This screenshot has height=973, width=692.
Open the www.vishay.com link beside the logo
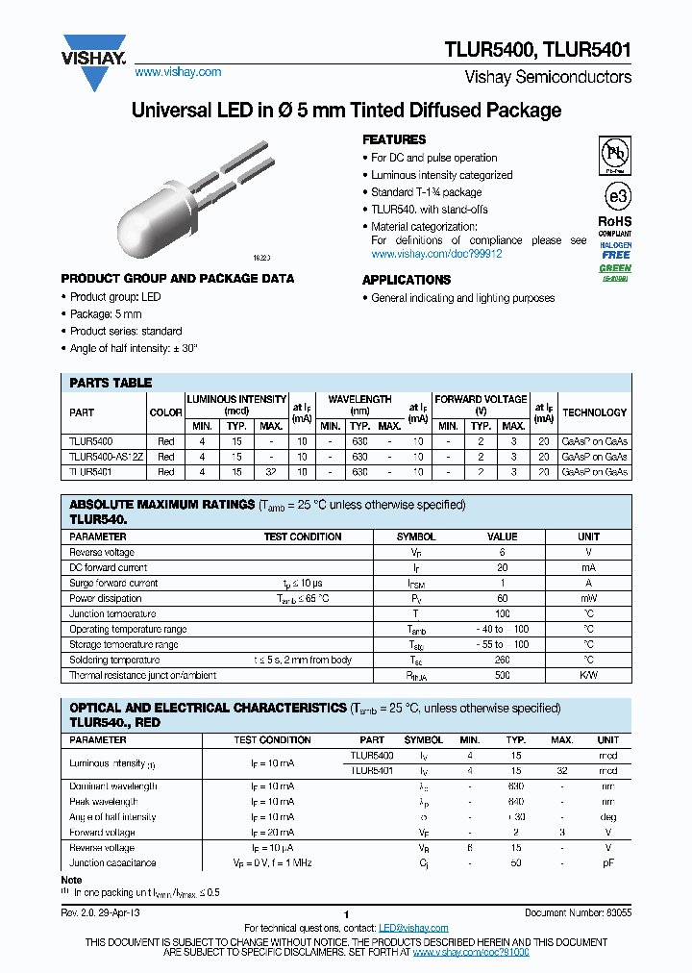[x=178, y=72]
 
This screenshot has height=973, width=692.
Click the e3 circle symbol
[x=615, y=197]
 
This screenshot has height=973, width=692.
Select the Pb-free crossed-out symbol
[x=615, y=154]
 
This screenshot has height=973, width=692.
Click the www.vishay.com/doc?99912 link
[x=436, y=254]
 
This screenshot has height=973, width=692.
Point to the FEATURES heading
[x=394, y=139]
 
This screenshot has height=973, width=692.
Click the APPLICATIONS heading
[x=406, y=280]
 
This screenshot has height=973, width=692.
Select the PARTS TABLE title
[x=111, y=383]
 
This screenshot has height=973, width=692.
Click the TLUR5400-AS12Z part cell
[x=106, y=457]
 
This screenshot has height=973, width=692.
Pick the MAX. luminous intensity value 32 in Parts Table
[x=271, y=472]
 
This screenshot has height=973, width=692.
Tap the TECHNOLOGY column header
[x=594, y=412]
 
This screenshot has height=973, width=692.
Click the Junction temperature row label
[x=112, y=613]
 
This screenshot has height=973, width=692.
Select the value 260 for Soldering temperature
[x=502, y=660]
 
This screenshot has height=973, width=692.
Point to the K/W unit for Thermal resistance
[x=588, y=675]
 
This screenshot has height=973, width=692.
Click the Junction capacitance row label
[x=112, y=863]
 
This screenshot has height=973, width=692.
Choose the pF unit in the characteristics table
[x=607, y=863]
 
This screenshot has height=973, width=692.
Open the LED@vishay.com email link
[x=413, y=928]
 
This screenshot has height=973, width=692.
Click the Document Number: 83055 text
[x=577, y=913]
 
